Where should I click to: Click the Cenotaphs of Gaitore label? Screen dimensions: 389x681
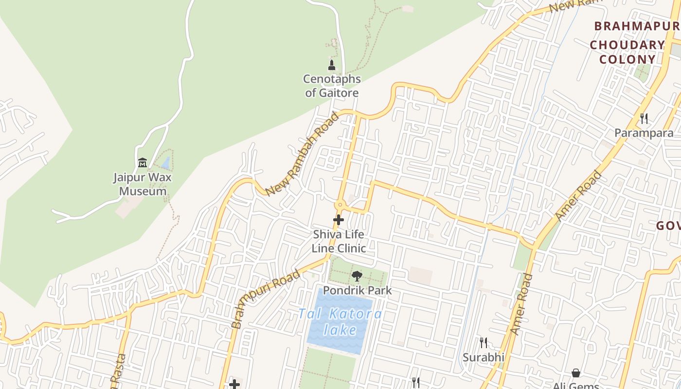coord(332,86)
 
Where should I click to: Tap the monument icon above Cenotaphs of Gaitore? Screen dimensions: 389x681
coord(332,65)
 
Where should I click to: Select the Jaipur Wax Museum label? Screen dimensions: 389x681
coord(143,184)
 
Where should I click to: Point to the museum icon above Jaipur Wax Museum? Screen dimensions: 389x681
coord(143,162)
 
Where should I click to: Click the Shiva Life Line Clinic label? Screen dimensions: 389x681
coord(339,241)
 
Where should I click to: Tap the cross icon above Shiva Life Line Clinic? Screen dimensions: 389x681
coord(339,220)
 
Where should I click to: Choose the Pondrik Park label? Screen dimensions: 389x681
coord(357,291)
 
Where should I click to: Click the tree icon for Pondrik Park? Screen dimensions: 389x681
coord(357,276)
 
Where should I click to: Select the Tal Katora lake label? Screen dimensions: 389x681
coord(340,321)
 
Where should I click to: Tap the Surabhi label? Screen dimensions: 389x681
coord(483,357)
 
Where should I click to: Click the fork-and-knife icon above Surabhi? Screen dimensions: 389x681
coord(483,343)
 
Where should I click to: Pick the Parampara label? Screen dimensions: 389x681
coord(644,133)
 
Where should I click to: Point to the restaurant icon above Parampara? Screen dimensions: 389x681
coord(644,118)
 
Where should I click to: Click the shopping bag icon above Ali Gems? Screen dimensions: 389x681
coord(576,373)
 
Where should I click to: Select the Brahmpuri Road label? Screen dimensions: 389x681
coord(265,300)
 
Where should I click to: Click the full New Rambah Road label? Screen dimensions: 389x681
coord(302,154)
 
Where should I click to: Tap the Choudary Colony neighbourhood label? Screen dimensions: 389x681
coord(627,53)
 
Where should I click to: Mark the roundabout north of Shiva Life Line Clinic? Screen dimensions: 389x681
coord(340,205)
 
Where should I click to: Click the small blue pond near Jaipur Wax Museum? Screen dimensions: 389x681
coord(166,162)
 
